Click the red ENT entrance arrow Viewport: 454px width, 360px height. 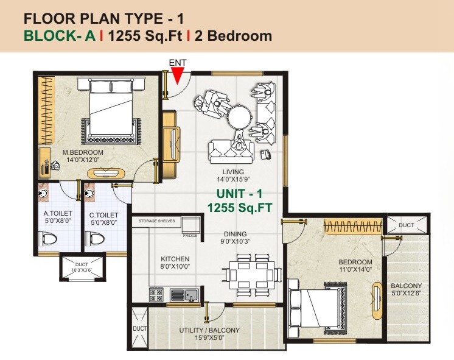[x=177, y=76]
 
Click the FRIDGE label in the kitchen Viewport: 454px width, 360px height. [x=190, y=235]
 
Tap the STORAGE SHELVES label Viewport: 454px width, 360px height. [x=157, y=221]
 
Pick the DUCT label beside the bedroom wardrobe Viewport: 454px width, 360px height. [x=407, y=225]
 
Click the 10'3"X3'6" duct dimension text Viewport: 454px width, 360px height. [x=81, y=269]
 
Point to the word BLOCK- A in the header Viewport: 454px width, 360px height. [x=60, y=36]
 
